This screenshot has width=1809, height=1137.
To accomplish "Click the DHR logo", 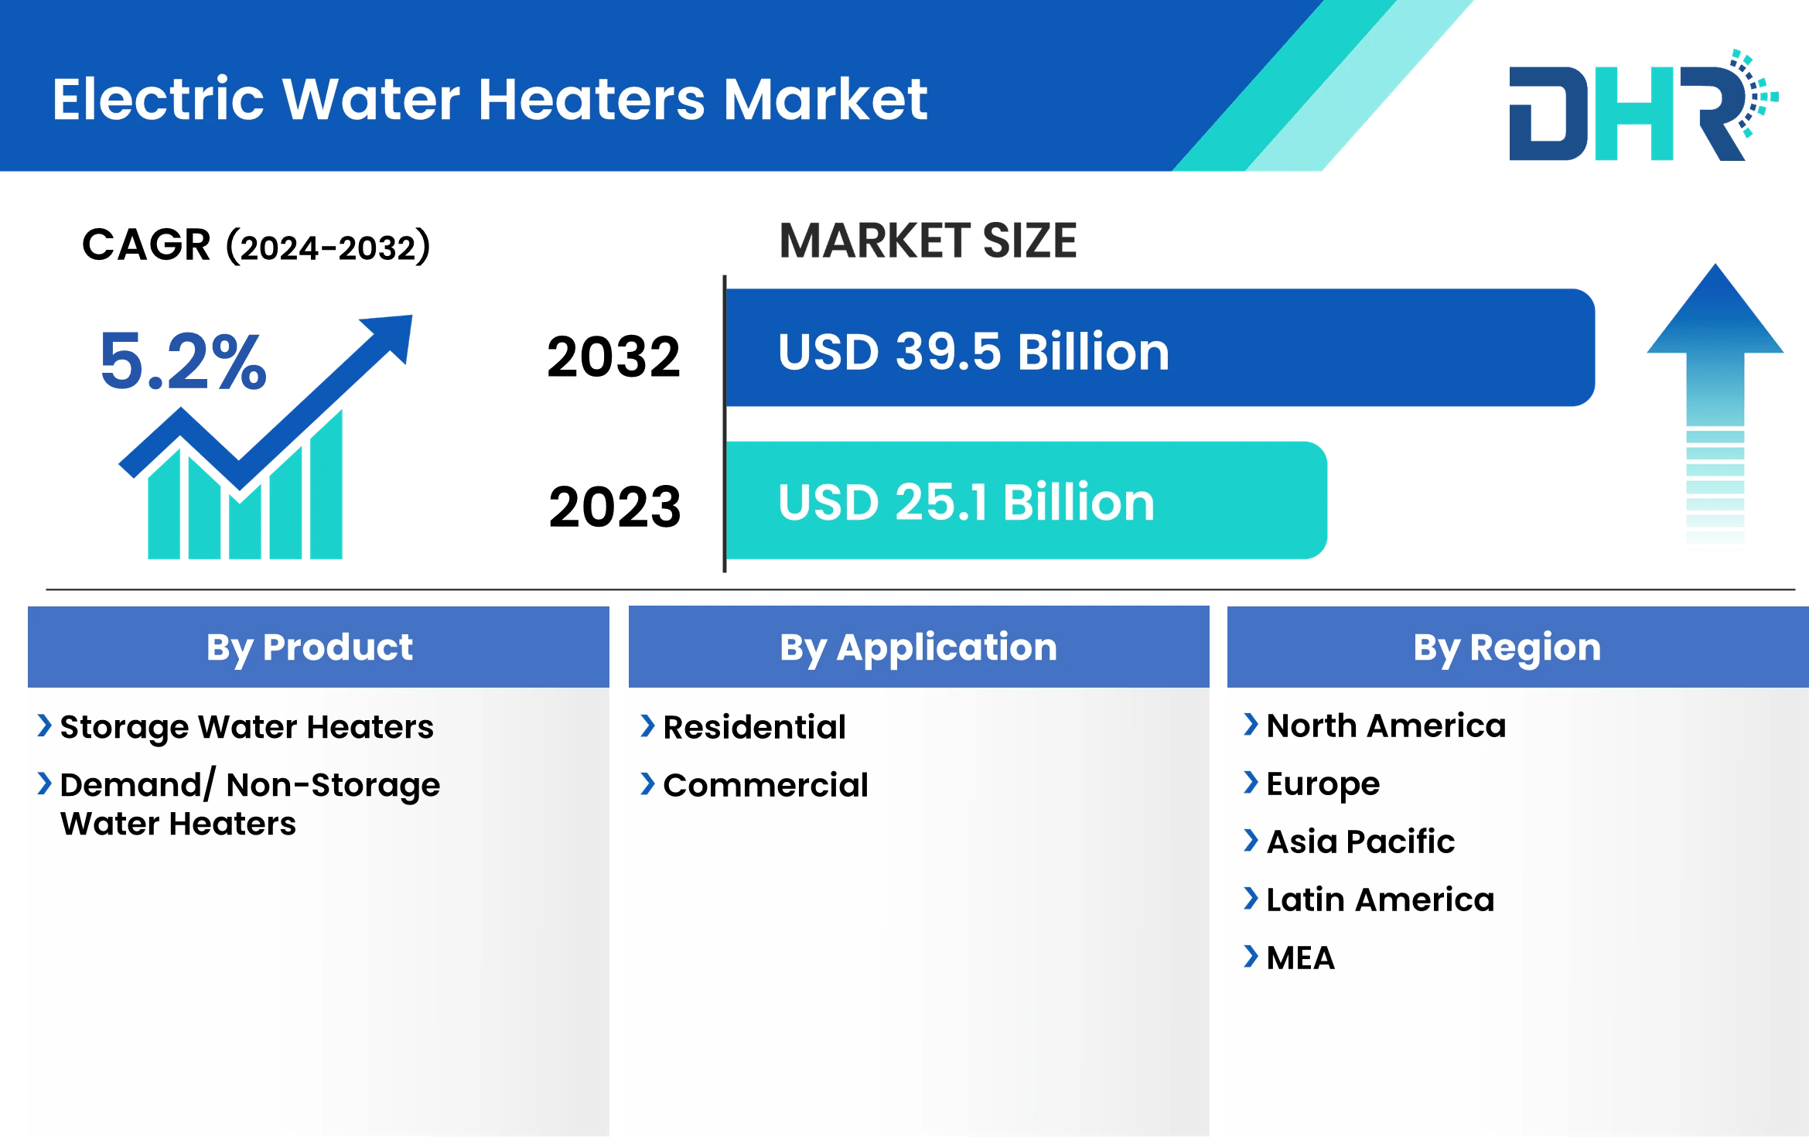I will coord(1640,108).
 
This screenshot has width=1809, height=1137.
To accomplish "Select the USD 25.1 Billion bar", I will coord(1026,501).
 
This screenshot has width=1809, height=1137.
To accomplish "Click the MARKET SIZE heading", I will coord(927,241).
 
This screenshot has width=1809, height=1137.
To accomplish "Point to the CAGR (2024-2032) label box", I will coord(271,251).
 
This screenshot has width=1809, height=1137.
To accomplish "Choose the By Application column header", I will coord(918,647).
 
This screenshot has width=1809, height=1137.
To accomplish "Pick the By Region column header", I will coord(1507,647).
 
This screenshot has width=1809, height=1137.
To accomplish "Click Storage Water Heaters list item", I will coord(247,727).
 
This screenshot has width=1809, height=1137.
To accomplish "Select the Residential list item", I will coord(754,727).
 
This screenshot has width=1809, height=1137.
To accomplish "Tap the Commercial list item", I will coord(765,785).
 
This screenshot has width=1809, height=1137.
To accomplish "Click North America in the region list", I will coord(1385,726).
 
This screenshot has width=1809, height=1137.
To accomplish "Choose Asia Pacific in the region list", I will coord(1360,842).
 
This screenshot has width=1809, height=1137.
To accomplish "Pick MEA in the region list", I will coord(1300,958).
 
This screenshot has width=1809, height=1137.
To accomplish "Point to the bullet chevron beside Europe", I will coord(1250,783).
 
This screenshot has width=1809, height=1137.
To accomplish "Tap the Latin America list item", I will coord(1380,900).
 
